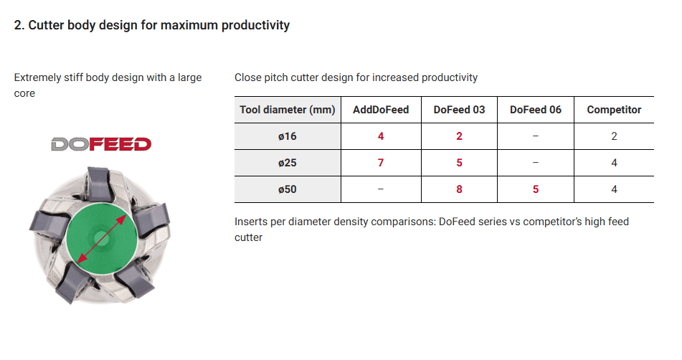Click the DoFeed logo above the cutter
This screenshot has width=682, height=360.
click(x=101, y=144)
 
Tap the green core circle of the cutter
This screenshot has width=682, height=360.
click(x=102, y=238)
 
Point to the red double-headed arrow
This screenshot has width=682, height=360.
click(x=102, y=239)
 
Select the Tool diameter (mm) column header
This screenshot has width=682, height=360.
click(x=288, y=110)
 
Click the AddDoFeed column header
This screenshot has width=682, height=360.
click(x=381, y=110)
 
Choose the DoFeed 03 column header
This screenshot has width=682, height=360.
click(x=459, y=110)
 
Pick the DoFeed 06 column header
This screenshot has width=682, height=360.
click(x=536, y=110)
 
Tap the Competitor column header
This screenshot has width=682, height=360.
click(x=614, y=110)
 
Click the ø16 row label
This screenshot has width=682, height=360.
click(x=288, y=136)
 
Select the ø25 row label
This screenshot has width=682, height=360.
click(x=288, y=163)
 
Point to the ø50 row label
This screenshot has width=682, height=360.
click(x=288, y=189)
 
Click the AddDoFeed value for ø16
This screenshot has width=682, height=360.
click(x=381, y=136)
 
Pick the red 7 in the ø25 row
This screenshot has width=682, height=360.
click(x=381, y=163)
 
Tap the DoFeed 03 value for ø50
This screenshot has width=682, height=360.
click(x=459, y=189)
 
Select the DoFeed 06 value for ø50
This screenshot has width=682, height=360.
click(x=536, y=189)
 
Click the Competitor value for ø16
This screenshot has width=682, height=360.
click(x=614, y=136)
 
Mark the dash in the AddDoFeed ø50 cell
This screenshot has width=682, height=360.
click(x=381, y=189)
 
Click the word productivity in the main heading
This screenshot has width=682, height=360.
click(x=255, y=26)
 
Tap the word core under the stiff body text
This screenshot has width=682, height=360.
click(x=24, y=93)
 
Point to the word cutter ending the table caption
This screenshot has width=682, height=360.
click(x=248, y=237)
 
